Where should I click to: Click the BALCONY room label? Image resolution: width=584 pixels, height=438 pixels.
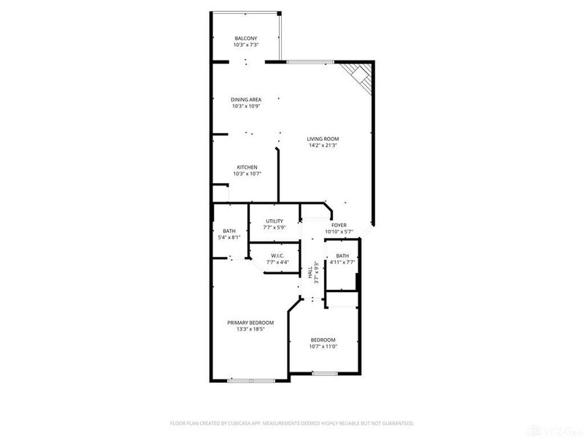click(245, 38)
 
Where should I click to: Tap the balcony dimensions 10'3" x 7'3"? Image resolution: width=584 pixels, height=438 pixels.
click(245, 45)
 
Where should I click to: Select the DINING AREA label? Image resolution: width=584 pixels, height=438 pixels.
click(245, 99)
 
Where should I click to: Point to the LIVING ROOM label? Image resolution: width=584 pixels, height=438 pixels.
click(323, 139)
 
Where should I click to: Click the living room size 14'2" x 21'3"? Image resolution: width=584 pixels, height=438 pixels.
click(323, 145)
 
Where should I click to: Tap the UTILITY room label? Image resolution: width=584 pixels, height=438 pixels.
click(274, 221)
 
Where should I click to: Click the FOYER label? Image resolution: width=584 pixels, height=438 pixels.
click(339, 225)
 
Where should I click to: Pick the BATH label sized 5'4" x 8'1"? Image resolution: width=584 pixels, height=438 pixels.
click(229, 231)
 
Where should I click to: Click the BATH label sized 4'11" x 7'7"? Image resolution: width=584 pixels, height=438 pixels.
click(342, 255)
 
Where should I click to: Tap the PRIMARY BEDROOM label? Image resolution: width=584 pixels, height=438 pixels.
click(250, 323)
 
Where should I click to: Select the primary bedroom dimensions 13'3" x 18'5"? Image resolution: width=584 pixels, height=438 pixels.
click(250, 329)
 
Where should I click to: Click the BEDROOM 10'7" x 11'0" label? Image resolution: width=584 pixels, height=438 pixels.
click(323, 339)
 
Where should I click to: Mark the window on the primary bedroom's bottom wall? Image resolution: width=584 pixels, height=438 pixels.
click(250, 380)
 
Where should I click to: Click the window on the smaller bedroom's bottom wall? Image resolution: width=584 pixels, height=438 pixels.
click(323, 374)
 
